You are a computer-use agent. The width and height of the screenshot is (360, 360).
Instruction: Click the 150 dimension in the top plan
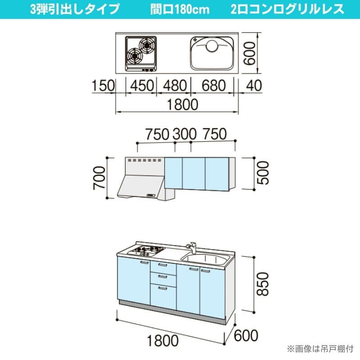pyautogui.click(x=103, y=85)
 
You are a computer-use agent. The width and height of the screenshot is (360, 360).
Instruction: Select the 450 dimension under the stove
pyautogui.click(x=142, y=85)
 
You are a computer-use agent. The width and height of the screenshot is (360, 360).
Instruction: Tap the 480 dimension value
pyautogui.click(x=175, y=85)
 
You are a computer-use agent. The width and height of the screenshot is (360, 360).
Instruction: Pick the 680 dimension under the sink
pyautogui.click(x=214, y=85)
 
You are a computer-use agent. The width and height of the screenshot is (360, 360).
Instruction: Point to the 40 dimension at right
pyautogui.click(x=254, y=85)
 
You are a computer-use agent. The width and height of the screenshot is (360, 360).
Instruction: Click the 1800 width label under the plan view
pyautogui.click(x=183, y=104)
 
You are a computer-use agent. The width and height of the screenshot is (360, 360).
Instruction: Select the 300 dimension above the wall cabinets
pyautogui.click(x=184, y=134)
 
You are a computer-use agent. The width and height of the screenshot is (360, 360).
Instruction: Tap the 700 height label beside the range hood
pyautogui.click(x=99, y=178)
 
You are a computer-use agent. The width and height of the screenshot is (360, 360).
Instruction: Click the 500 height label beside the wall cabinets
pyautogui.click(x=263, y=173)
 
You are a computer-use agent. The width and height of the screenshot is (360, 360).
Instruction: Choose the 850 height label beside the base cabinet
pyautogui.click(x=262, y=284)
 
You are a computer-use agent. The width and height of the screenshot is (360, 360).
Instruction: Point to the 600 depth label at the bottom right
pyautogui.click(x=246, y=335)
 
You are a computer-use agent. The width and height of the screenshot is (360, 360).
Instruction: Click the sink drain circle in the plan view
pyautogui.click(x=212, y=46)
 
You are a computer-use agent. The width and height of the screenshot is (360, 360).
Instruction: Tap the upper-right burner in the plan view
pyautogui.click(x=146, y=45)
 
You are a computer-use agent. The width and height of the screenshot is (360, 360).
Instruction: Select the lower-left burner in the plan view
pyautogui.click(x=135, y=55)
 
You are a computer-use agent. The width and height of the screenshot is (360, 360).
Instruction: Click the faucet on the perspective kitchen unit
pyautogui.click(x=191, y=247)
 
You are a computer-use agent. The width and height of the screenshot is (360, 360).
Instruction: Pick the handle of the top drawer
pyautogui.click(x=163, y=265)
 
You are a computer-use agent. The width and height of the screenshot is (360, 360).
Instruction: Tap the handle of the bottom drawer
pyautogui.click(x=163, y=288)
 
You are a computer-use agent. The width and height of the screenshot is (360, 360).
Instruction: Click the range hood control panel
pyautogui.click(x=151, y=195)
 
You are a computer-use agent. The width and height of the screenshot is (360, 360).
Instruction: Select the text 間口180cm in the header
pyautogui.click(x=180, y=9)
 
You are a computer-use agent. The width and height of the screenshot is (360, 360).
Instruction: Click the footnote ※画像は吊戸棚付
pyautogui.click(x=320, y=349)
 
